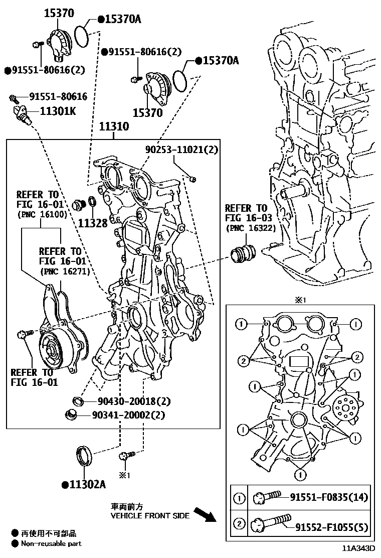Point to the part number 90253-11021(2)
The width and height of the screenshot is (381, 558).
(x=181, y=149)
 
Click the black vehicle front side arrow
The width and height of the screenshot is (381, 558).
(x=204, y=514)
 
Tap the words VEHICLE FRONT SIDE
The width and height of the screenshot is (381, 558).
(x=150, y=515)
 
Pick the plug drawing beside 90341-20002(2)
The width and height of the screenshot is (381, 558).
(x=72, y=414)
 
